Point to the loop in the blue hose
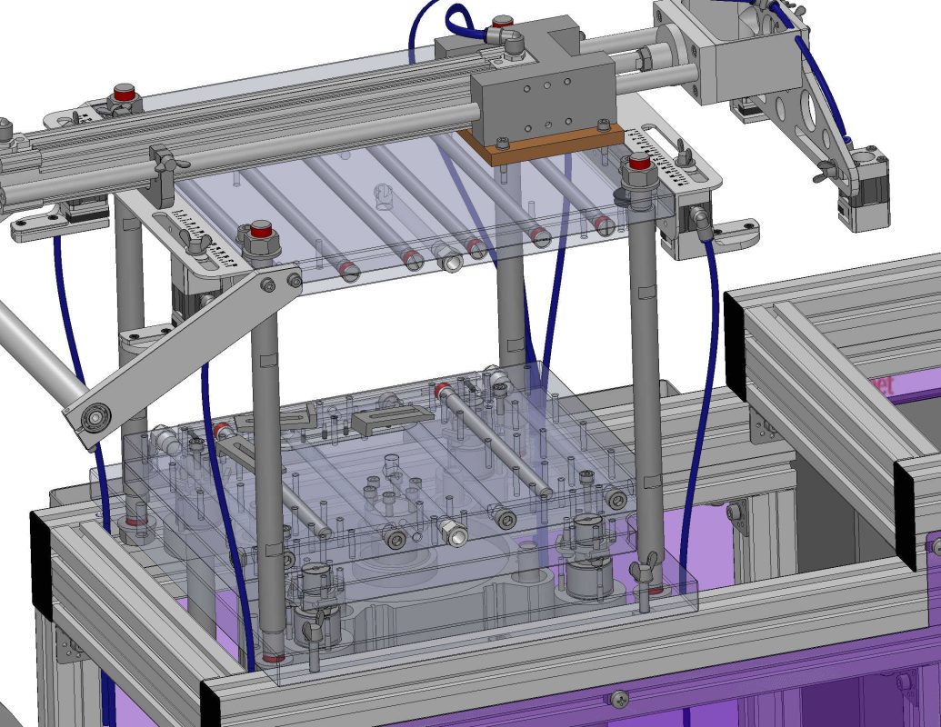tap(457, 19)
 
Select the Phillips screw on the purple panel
tap(619, 698)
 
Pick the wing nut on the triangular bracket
tap(828, 171)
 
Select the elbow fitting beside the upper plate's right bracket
tap(701, 218)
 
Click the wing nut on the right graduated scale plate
tap(680, 161)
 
